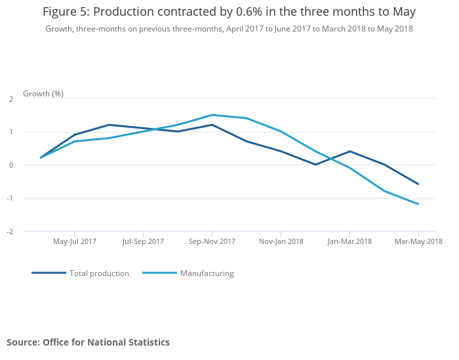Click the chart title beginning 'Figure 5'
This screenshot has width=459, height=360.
click(229, 12)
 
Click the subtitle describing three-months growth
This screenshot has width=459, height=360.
click(229, 29)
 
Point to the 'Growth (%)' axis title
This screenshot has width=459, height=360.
click(43, 94)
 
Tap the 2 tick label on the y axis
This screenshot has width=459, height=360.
click(11, 99)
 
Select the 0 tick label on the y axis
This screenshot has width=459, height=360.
click(11, 165)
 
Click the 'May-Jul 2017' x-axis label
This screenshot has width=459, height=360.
click(75, 241)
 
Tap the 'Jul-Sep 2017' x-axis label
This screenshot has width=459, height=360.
click(143, 241)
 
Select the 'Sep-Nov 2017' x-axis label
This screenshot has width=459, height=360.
click(212, 241)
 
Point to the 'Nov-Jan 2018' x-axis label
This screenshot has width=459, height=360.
click(281, 241)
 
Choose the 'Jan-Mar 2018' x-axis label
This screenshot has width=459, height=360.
click(349, 241)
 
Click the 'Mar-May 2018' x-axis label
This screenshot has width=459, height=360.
click(418, 241)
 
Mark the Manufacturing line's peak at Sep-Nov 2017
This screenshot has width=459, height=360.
click(212, 115)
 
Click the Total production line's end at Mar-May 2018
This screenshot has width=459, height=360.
click(418, 184)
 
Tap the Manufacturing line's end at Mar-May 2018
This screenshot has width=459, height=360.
click(418, 204)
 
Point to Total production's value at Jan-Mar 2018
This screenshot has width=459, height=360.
click(349, 151)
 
